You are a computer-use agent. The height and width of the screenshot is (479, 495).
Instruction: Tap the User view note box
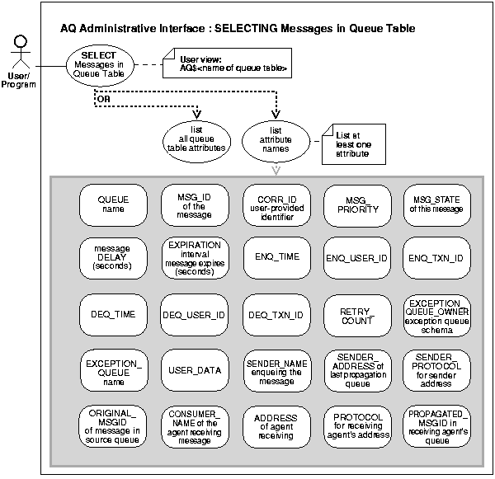coord(234,63)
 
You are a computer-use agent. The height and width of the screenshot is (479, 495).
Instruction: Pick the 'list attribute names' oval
coord(276,137)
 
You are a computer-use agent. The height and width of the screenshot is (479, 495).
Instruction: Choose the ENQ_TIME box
coord(276,258)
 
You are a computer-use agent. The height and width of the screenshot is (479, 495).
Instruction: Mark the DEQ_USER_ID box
coord(194,314)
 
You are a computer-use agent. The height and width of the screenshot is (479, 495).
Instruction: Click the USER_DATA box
coord(194,370)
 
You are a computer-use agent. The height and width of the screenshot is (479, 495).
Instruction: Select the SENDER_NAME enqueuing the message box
coord(276,370)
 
